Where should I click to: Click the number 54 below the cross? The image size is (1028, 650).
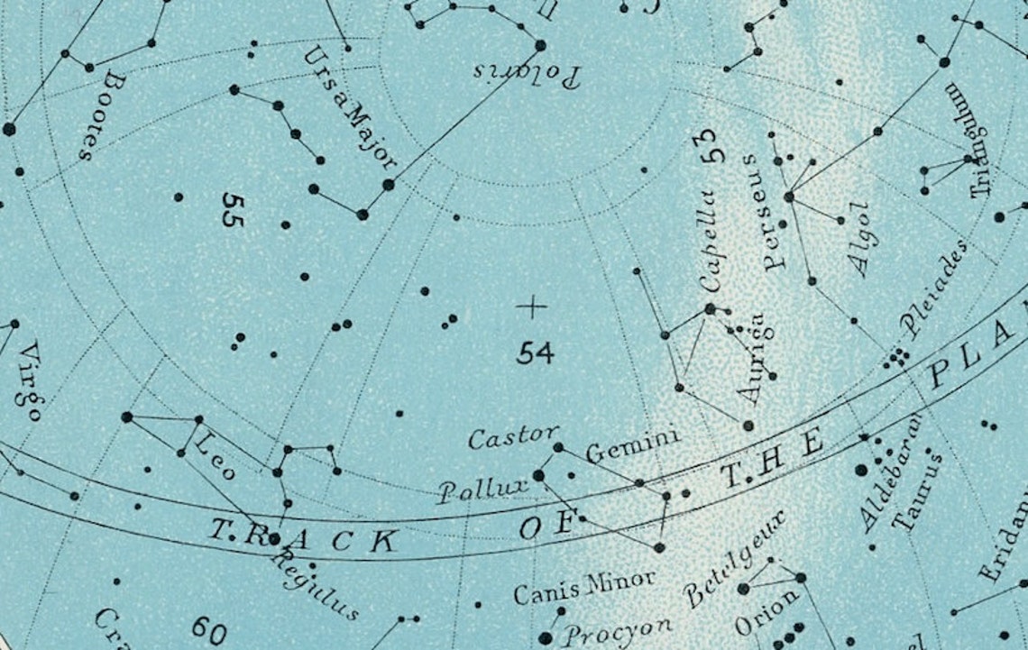(535, 352)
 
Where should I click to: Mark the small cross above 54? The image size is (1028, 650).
(532, 307)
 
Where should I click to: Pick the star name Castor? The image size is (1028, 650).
(513, 437)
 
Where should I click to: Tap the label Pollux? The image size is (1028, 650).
(484, 490)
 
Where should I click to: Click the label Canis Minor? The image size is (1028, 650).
(583, 587)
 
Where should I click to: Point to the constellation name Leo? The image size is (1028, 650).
(215, 454)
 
